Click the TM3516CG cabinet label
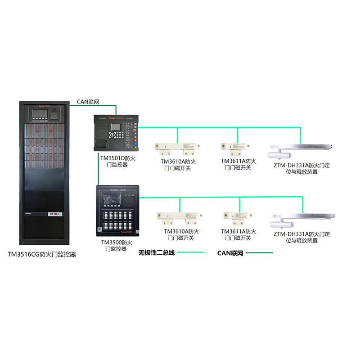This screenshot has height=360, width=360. [x=42, y=254]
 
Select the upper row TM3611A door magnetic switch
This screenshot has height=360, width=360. [x=234, y=147]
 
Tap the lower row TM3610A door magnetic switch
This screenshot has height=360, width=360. [x=179, y=217]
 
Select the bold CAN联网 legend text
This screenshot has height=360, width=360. [x=230, y=253]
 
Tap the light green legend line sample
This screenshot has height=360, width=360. [x=191, y=252]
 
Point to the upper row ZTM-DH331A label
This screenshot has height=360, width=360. [x=301, y=168]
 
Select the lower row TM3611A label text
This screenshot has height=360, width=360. [x=238, y=235]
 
